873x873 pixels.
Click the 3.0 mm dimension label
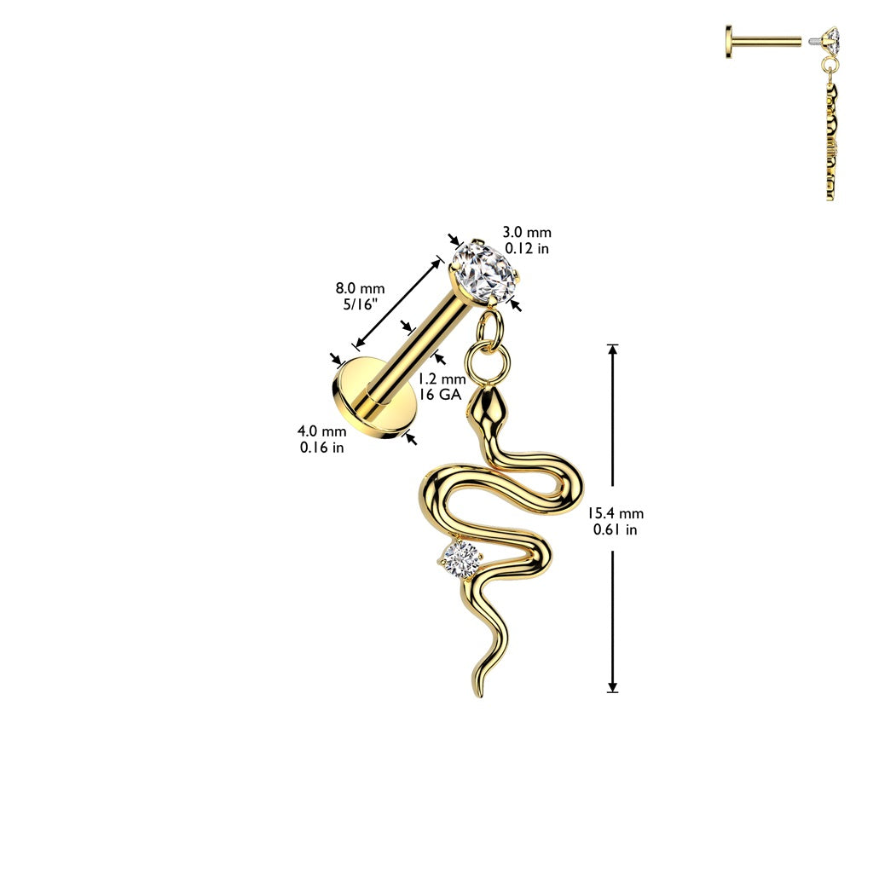click(527, 232)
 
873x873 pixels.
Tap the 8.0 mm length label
click(360, 288)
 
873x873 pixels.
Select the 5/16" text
click(361, 304)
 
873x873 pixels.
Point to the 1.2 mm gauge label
click(442, 379)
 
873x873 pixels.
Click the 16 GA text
click(441, 395)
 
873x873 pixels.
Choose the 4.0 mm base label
click(321, 431)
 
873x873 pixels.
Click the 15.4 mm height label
click(616, 513)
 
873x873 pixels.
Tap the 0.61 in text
click(615, 529)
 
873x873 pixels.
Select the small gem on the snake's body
click(461, 560)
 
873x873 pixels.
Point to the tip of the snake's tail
click(477, 696)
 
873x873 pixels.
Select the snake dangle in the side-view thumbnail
click(830, 142)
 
